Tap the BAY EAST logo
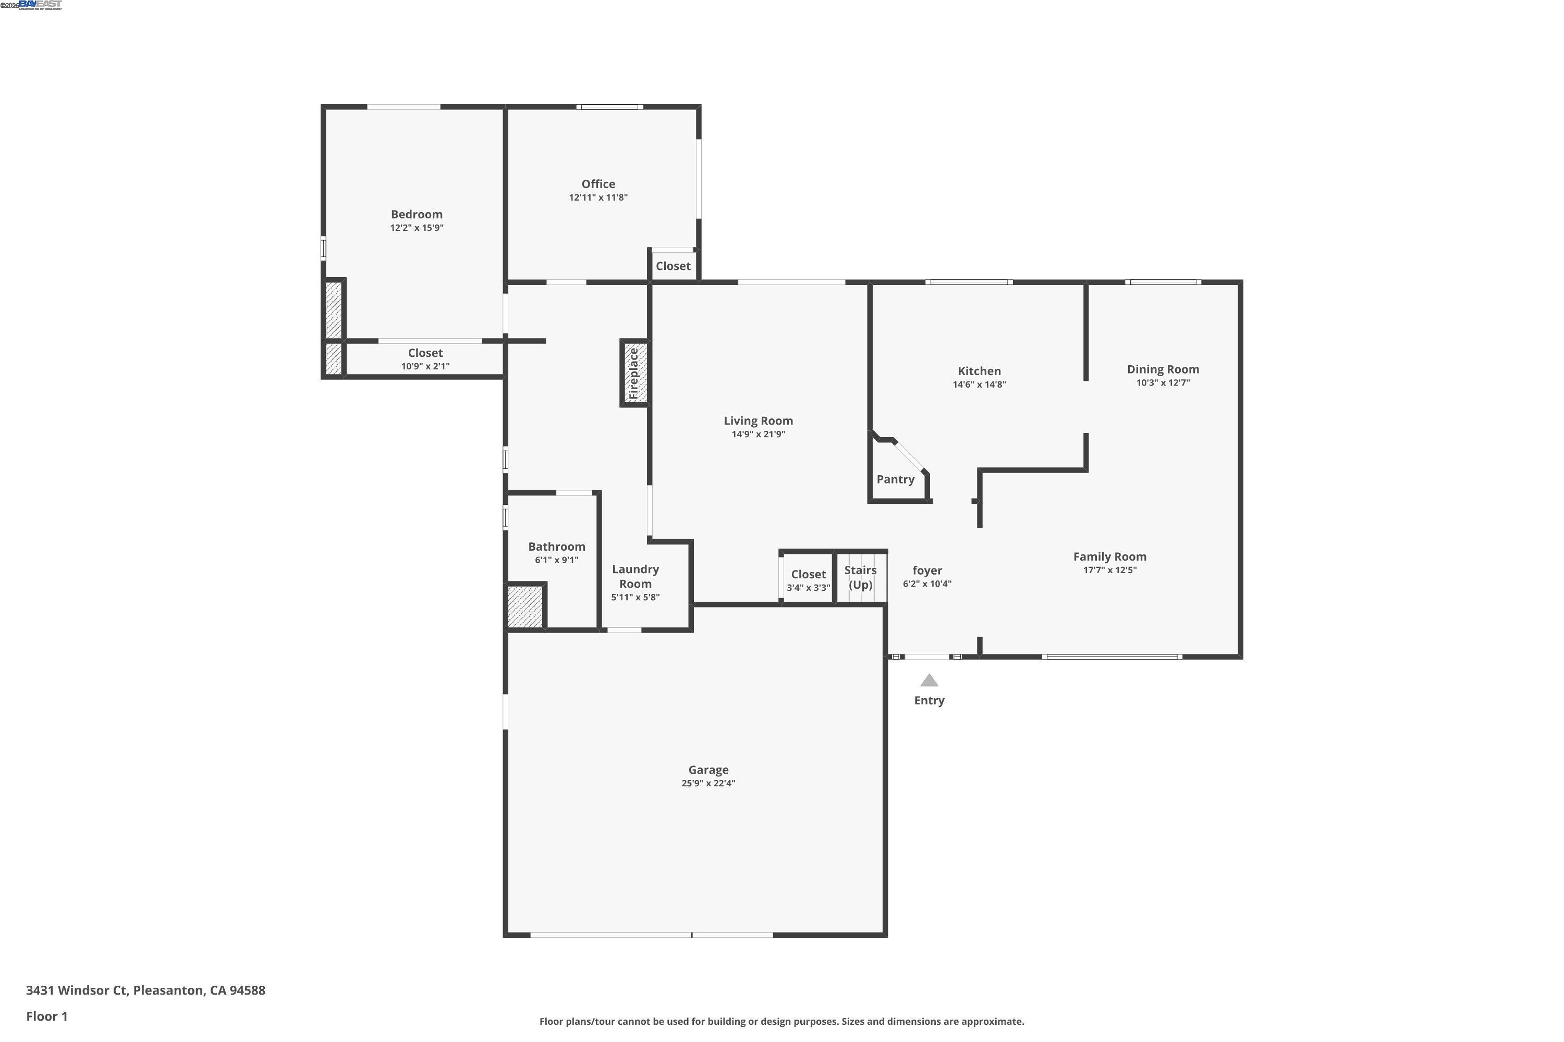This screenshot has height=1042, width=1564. [40, 5]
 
